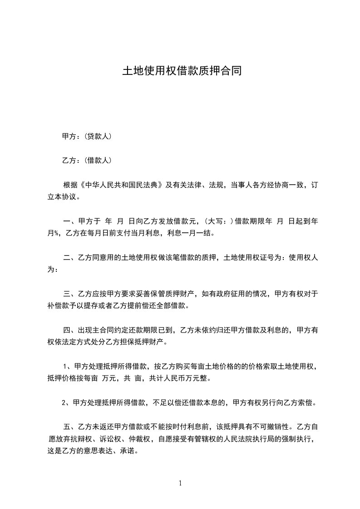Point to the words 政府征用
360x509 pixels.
[235, 294]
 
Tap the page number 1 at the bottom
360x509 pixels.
[180, 484]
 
